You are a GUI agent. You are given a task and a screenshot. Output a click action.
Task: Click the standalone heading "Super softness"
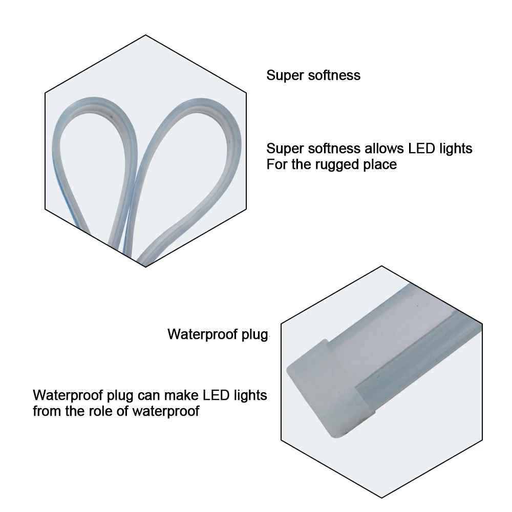(x=313, y=75)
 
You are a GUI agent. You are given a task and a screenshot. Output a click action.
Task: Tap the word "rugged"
(x=337, y=164)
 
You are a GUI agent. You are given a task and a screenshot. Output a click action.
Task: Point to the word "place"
(x=380, y=164)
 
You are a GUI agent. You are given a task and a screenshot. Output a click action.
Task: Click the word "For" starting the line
(x=277, y=164)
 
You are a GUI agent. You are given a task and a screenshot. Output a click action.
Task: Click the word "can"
(x=148, y=395)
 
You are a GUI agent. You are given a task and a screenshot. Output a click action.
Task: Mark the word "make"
(x=181, y=395)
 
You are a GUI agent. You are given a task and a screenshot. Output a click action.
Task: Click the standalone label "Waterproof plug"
(x=218, y=335)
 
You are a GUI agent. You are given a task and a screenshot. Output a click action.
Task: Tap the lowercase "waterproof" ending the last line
(x=166, y=412)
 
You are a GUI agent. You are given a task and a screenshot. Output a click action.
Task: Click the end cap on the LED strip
(x=327, y=389)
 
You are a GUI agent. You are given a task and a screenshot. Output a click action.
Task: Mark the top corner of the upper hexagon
(x=145, y=35)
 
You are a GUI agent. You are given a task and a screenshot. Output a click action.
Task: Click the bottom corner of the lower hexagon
(x=382, y=498)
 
